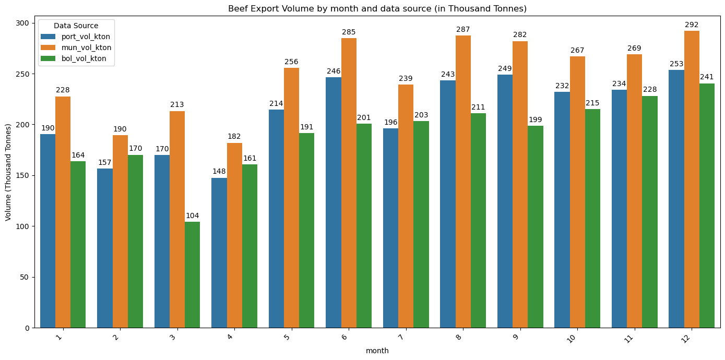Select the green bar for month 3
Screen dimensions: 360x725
pyautogui.click(x=192, y=274)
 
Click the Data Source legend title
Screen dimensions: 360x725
pyautogui.click(x=76, y=26)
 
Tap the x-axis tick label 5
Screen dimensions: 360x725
pyautogui.click(x=290, y=337)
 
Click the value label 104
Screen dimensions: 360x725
pyautogui.click(x=192, y=215)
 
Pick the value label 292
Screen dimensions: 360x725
pyautogui.click(x=692, y=25)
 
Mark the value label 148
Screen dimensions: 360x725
pyautogui.click(x=219, y=171)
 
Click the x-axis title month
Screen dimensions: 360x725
pyautogui.click(x=377, y=351)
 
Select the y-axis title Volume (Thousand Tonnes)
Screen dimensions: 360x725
pyautogui.click(x=8, y=172)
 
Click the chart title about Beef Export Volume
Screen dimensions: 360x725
pyautogui.click(x=377, y=8)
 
